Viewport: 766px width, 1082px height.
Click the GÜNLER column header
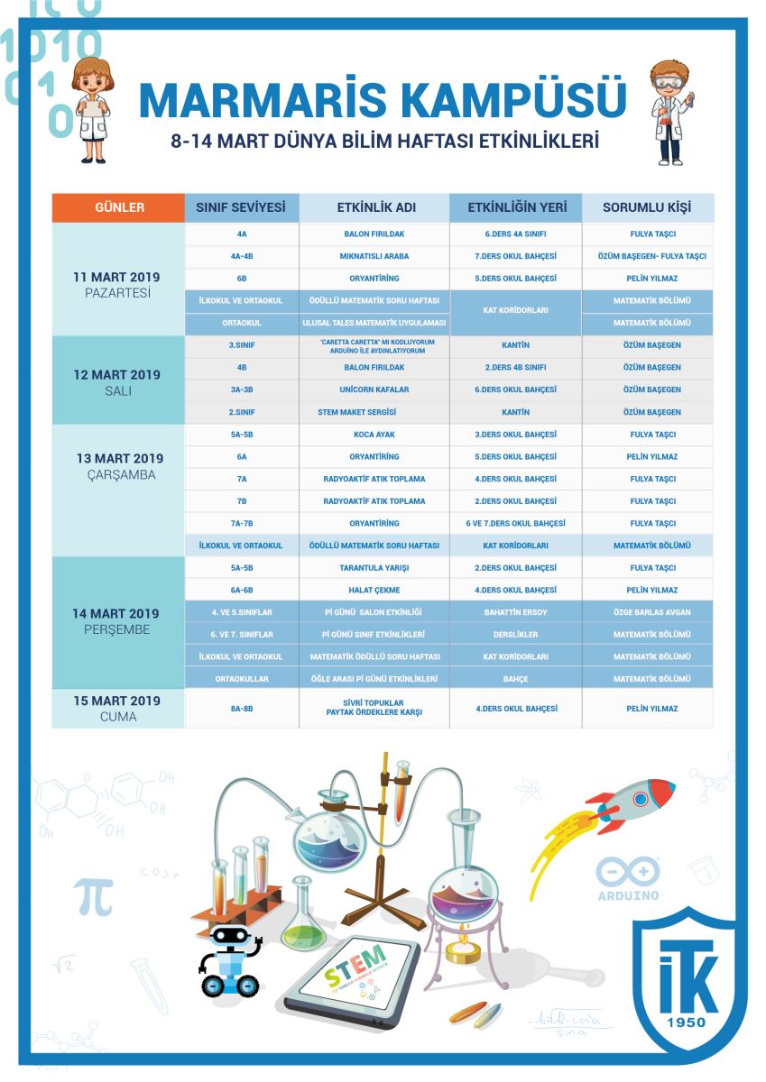click(x=119, y=207)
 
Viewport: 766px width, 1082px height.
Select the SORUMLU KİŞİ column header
click(x=647, y=207)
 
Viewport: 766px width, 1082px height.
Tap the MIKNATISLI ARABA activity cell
click(x=374, y=256)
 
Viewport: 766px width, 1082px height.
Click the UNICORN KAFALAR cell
click(x=374, y=390)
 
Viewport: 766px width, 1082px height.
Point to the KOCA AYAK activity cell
click(x=374, y=435)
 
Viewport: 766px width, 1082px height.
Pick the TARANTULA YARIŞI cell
click(x=374, y=568)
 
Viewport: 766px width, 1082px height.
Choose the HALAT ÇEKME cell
click(x=374, y=590)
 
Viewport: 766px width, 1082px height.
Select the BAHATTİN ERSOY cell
click(x=515, y=612)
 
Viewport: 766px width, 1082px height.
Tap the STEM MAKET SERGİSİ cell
click(x=374, y=412)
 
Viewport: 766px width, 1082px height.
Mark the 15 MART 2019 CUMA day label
click(x=118, y=709)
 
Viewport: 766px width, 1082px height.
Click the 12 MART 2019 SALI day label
click(x=118, y=382)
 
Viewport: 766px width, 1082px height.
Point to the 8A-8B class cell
click(x=242, y=709)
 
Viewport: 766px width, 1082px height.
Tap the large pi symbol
click(x=94, y=896)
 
